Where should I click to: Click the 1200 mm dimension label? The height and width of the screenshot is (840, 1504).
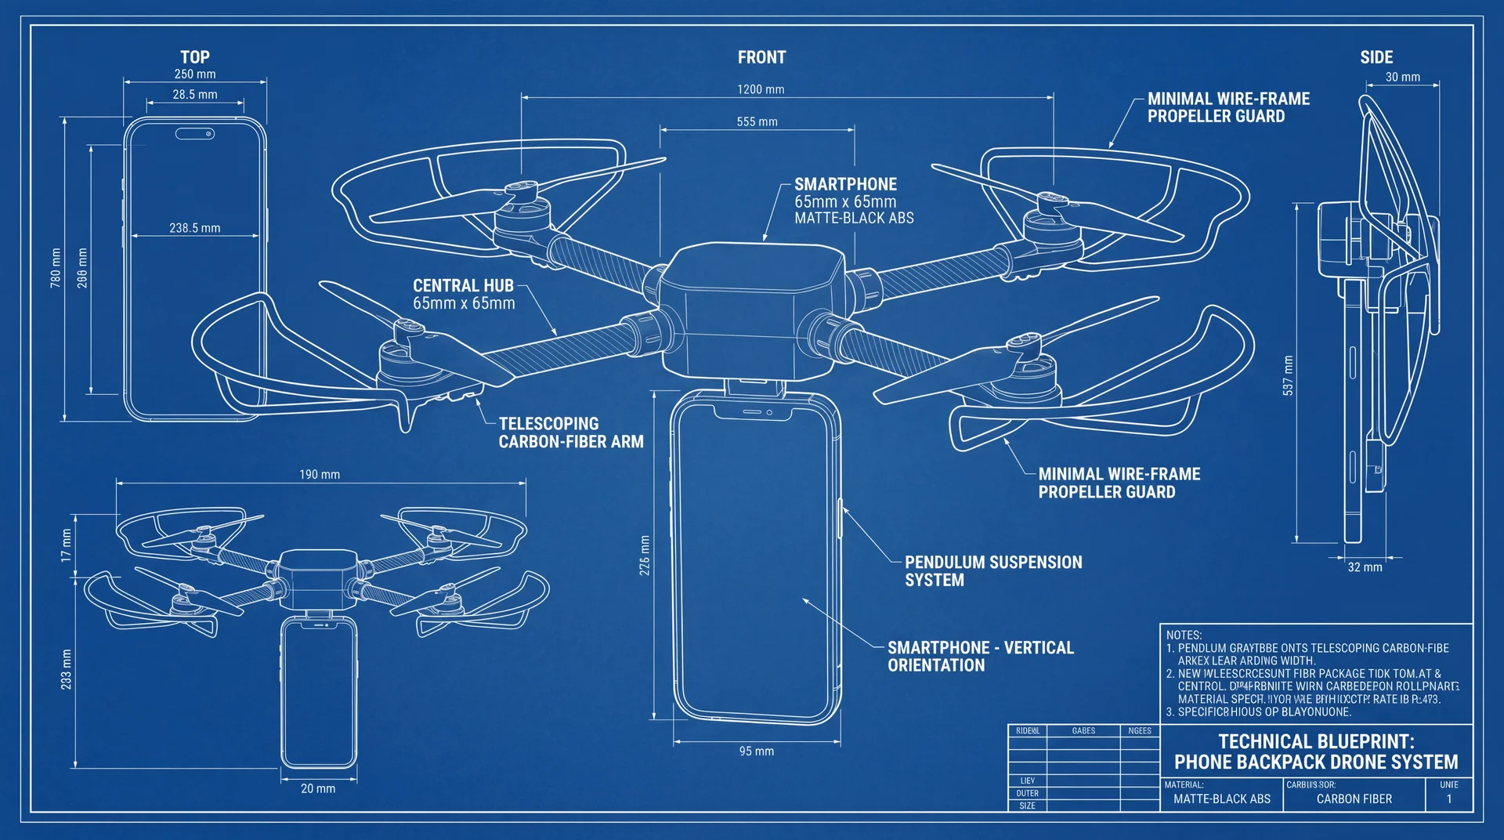(x=760, y=89)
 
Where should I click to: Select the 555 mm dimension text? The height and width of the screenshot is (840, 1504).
(x=757, y=121)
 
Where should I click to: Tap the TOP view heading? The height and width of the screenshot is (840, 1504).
(x=195, y=57)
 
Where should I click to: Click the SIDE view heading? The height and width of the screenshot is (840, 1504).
(x=1376, y=57)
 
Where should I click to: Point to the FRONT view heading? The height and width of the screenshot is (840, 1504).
(x=761, y=57)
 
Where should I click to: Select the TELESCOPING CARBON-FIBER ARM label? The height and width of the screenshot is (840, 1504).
(x=570, y=433)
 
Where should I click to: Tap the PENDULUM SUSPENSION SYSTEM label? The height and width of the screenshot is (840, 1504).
(x=992, y=571)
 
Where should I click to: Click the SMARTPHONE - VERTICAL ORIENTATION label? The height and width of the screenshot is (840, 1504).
(x=980, y=657)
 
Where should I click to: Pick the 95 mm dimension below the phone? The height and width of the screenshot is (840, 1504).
(x=756, y=751)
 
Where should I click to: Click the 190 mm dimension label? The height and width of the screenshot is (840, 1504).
(x=320, y=474)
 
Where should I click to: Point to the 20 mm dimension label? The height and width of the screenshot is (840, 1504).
(x=318, y=788)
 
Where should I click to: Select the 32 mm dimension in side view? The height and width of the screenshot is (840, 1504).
(x=1365, y=567)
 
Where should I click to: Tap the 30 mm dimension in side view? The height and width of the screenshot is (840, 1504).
(x=1402, y=77)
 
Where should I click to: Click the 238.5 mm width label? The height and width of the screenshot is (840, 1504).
(x=194, y=228)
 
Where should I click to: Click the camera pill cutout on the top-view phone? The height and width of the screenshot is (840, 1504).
(x=195, y=134)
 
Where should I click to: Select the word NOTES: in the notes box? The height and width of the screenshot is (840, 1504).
(x=1184, y=635)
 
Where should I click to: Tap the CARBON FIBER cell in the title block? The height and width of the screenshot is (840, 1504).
(x=1354, y=799)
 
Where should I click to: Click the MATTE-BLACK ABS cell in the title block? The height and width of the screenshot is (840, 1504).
(x=1221, y=799)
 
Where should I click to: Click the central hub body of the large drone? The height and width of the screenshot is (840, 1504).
(x=750, y=310)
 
